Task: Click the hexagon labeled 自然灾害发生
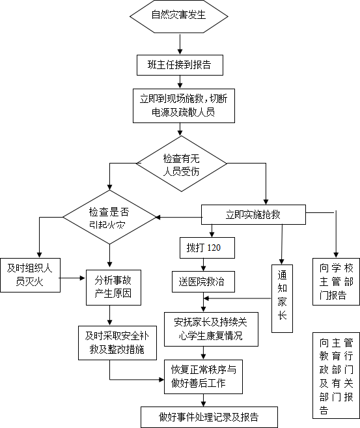coord(178,16)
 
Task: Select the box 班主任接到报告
coord(180,65)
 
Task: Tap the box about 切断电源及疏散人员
coord(184,106)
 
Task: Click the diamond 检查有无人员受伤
coord(182,164)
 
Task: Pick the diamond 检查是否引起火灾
coord(109,218)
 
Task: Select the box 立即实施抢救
coord(253,215)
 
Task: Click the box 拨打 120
coord(207,248)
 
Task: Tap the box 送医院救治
coord(203,281)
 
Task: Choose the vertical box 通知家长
coord(283,298)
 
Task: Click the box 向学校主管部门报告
coord(336,281)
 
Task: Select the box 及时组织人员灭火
coord(30,275)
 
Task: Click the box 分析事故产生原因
coord(113,287)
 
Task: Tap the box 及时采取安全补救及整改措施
coord(118,343)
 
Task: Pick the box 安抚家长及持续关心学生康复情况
coord(211,330)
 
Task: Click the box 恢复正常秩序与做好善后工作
coord(204,377)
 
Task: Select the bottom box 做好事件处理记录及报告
coord(209,417)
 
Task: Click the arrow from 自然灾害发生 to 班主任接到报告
coord(180,44)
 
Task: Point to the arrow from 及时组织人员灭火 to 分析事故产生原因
coord(72,278)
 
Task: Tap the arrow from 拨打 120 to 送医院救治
coord(204,264)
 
